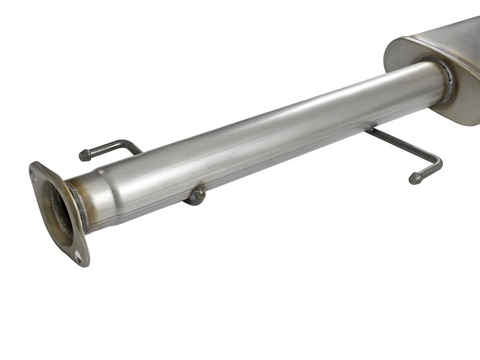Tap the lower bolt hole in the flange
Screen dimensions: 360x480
[77, 256]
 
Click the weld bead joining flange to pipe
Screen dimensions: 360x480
[78, 204]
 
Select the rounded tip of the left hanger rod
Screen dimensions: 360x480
[83, 156]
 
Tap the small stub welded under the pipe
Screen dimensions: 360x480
[196, 196]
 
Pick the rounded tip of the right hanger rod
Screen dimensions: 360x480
[414, 179]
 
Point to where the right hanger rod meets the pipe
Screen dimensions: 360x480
[371, 129]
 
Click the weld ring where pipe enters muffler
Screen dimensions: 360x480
[447, 81]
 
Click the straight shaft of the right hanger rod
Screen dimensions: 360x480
[402, 144]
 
